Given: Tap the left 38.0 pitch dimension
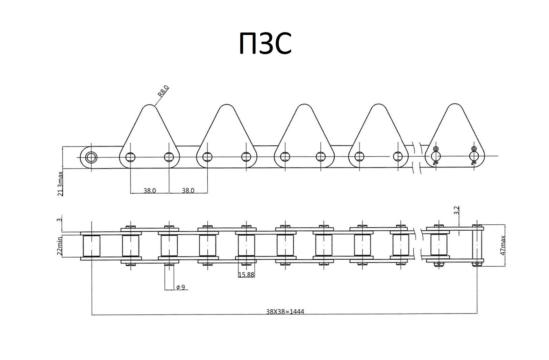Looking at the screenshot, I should [149, 190].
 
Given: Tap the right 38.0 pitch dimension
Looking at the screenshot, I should [188, 190].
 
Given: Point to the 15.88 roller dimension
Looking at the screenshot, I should [246, 275].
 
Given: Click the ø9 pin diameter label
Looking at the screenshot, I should [180, 287].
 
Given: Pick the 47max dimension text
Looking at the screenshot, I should [503, 245].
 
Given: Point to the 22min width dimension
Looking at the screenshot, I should [60, 246].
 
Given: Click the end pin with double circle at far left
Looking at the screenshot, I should [91, 157].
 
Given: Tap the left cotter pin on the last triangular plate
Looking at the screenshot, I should [435, 156].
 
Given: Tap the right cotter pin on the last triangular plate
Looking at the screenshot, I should [473, 156].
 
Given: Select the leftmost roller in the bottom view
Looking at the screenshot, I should [92, 245].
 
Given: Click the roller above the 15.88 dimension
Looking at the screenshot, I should [246, 245].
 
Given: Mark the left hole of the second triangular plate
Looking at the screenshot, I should [207, 157].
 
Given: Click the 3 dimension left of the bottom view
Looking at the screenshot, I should [59, 220].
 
